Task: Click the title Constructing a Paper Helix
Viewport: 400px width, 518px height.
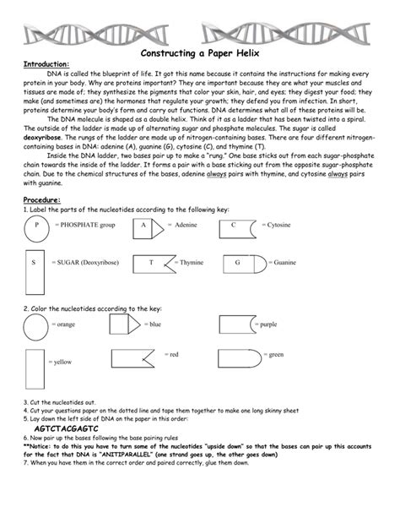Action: (199, 52)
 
